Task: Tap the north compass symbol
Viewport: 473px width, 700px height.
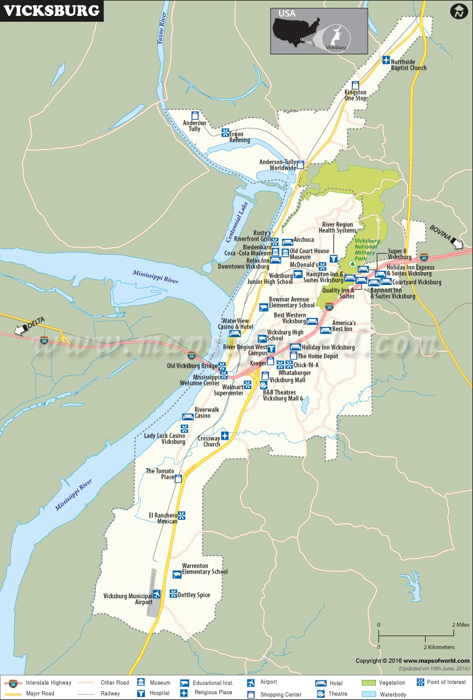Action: pyautogui.click(x=458, y=11)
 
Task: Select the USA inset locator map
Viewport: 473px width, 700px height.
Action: pyautogui.click(x=319, y=31)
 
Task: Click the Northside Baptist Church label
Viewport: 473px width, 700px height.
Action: pyautogui.click(x=409, y=64)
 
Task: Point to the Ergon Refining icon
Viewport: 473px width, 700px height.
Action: pyautogui.click(x=225, y=132)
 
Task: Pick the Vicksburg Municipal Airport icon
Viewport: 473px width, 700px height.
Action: pyautogui.click(x=157, y=595)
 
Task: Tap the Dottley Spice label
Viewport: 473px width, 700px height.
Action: pyautogui.click(x=194, y=595)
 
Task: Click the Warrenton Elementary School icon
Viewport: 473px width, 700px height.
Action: pyautogui.click(x=176, y=575)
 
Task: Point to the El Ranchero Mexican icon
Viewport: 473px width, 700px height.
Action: pyautogui.click(x=182, y=516)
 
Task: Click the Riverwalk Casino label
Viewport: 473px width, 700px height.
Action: pyautogui.click(x=206, y=412)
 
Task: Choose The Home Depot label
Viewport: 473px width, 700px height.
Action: pyautogui.click(x=318, y=357)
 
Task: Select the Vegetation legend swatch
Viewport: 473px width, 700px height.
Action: pyautogui.click(x=369, y=683)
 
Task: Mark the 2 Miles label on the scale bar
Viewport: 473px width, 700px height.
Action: pyautogui.click(x=460, y=624)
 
